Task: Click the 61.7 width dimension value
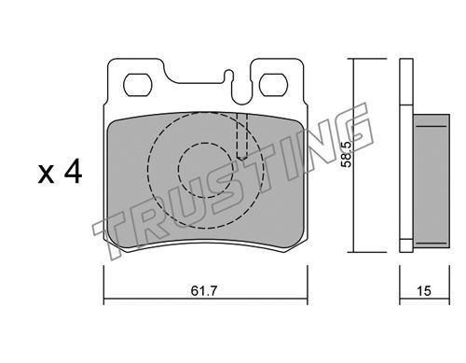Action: point(203,291)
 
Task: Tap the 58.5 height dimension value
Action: point(346,155)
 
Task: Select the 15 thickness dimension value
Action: point(424,291)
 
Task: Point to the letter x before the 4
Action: point(46,175)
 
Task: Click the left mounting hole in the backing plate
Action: point(138,85)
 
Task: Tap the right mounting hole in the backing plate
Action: point(273,85)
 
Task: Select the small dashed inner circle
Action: point(206,170)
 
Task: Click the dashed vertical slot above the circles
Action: point(241,136)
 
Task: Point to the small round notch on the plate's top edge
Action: point(229,73)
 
